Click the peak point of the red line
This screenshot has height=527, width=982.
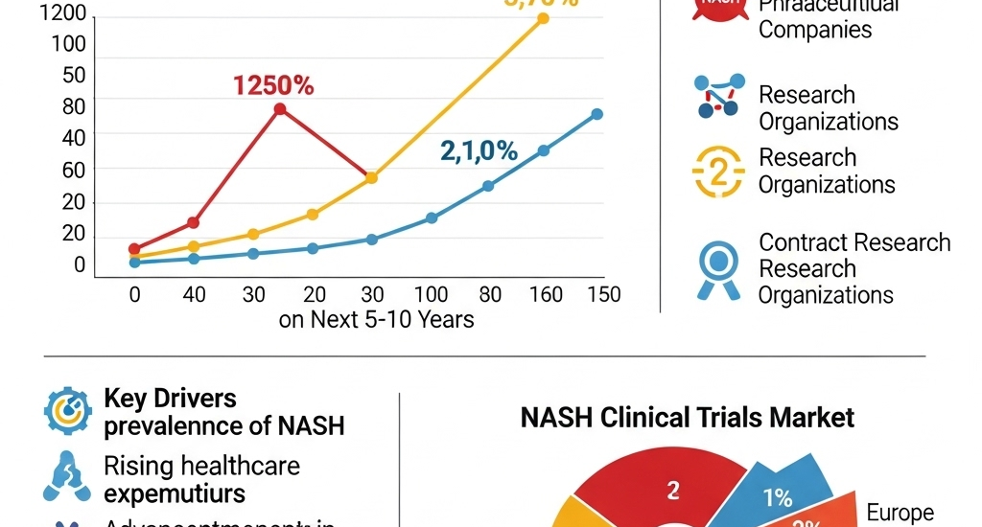(279, 109)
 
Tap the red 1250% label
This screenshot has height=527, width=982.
(273, 85)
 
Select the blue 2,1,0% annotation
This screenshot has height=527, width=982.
(479, 150)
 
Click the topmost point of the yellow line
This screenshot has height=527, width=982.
(543, 18)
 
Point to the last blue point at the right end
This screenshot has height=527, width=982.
(596, 114)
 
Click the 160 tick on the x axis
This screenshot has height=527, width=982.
(546, 294)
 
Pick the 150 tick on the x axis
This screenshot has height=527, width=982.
(603, 294)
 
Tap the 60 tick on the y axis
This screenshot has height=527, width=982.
(73, 170)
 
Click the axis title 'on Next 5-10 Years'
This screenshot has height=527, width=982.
(376, 319)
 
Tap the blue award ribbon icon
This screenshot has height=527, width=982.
(718, 265)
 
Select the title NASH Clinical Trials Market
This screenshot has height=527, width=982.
(687, 418)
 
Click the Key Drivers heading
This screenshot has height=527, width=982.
(170, 398)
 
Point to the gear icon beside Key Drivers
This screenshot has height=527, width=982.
(68, 411)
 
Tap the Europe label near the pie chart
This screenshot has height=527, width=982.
(900, 514)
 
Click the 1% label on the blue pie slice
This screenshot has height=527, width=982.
(778, 497)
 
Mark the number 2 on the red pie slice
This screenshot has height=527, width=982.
(673, 492)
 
